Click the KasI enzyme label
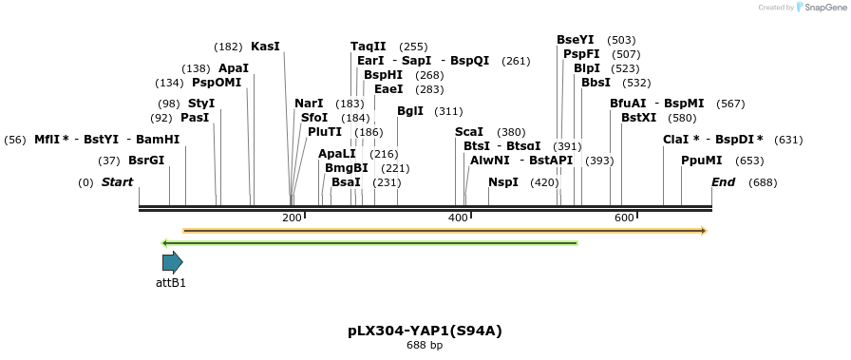tap(265, 47)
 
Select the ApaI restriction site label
tap(234, 68)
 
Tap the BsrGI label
tap(146, 161)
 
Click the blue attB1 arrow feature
tap(172, 262)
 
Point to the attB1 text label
tap(171, 282)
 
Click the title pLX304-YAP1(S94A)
tap(425, 331)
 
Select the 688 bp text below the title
tap(425, 345)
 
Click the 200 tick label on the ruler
tap(292, 218)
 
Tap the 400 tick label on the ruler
tap(458, 218)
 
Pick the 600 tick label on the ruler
tap(624, 218)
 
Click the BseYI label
tap(576, 40)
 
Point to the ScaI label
tap(469, 132)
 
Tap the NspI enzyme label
tap(503, 182)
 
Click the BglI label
tap(410, 111)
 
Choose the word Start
tap(118, 182)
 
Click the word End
tap(724, 182)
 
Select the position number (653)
tap(749, 161)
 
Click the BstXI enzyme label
tap(638, 118)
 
